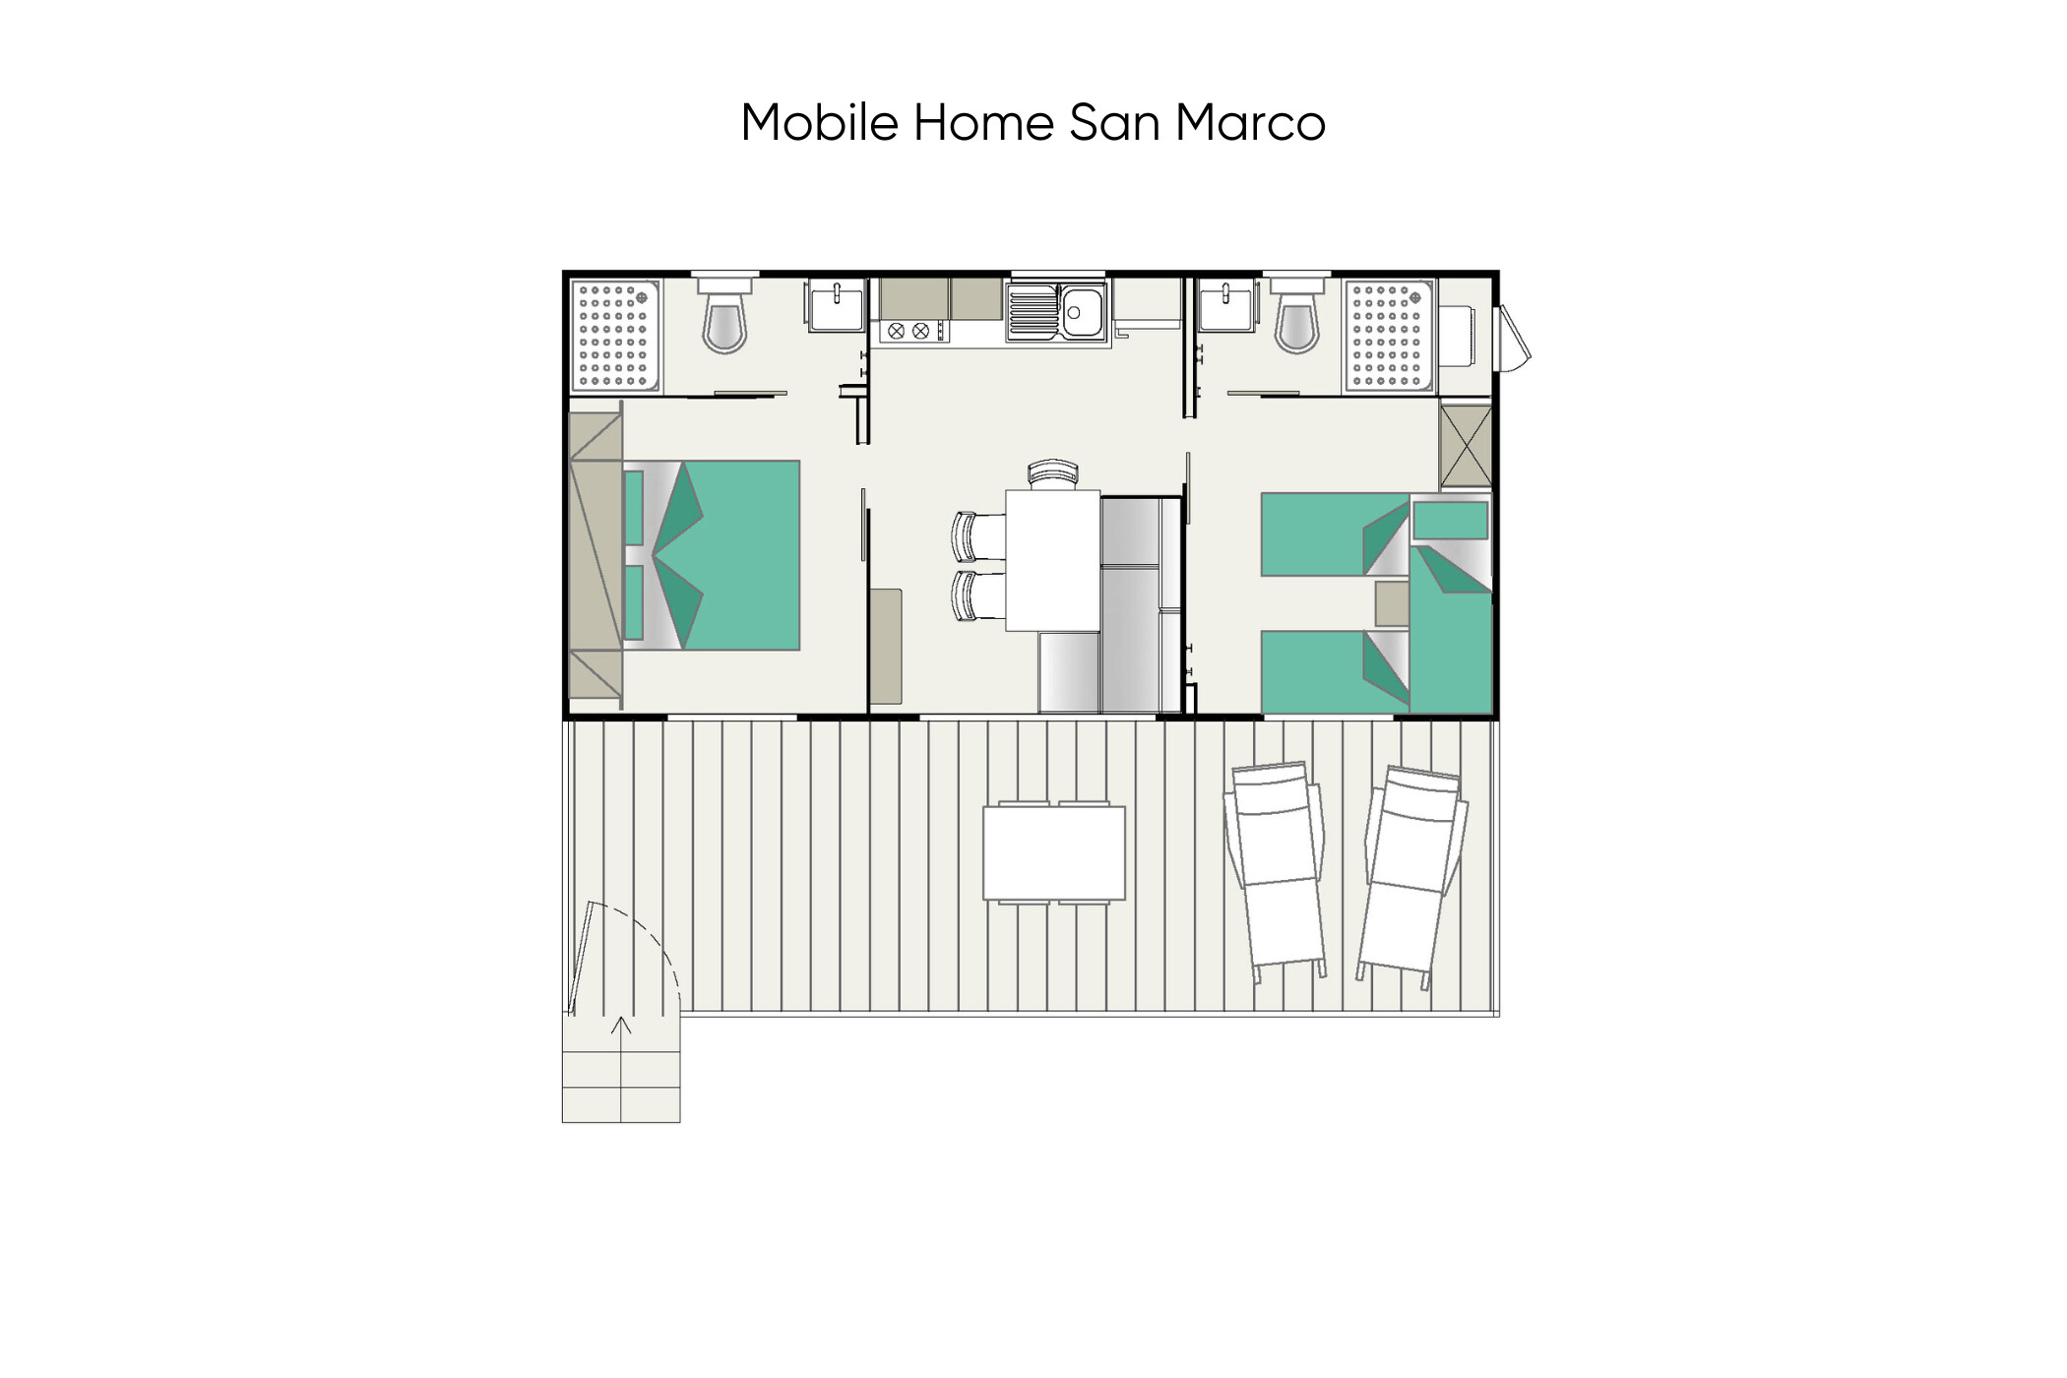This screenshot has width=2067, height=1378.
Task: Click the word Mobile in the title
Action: [820, 123]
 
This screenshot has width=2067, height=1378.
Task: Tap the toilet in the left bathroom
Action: [724, 315]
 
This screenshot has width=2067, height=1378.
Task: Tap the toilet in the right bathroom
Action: [1296, 315]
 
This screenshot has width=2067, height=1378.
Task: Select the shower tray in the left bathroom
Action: [615, 336]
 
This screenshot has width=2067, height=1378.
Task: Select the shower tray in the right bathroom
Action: [1390, 336]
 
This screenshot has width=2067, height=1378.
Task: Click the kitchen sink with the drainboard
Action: [1056, 312]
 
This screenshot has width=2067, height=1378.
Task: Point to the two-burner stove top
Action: [910, 331]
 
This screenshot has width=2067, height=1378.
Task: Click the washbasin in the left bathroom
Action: [836, 305]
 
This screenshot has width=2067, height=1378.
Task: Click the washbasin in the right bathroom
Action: [1226, 305]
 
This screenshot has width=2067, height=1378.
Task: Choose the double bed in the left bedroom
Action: [711, 555]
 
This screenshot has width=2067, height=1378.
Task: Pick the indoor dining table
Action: [1052, 560]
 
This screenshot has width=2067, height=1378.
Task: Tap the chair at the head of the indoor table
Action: [1052, 473]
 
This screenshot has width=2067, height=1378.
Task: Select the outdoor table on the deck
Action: [1054, 852]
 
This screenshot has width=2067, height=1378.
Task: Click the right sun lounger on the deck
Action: [1412, 876]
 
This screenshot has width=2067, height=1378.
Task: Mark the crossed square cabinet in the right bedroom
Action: [1466, 445]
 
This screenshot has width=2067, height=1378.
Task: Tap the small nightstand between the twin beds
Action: [1392, 603]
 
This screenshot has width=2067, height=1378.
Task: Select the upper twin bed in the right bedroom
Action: [1336, 534]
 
